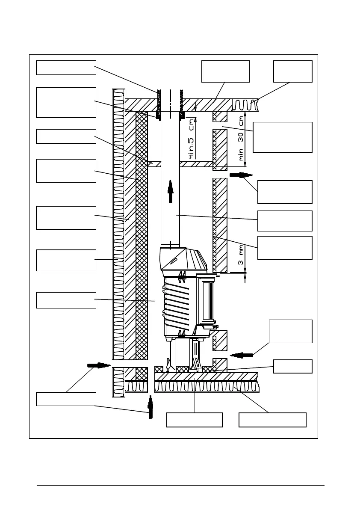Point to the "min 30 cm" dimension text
point(242,139)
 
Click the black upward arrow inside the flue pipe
point(171,191)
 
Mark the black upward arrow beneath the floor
point(150,407)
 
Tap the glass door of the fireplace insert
point(208,302)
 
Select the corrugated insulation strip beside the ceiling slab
point(245,105)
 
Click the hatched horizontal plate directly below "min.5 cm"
point(196,164)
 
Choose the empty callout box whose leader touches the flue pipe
point(284,221)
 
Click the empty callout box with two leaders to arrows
point(66,399)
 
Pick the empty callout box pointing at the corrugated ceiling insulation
point(292,71)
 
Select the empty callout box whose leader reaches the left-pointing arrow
point(290,331)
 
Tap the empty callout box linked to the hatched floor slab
point(194,420)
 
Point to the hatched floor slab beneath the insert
point(205,377)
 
